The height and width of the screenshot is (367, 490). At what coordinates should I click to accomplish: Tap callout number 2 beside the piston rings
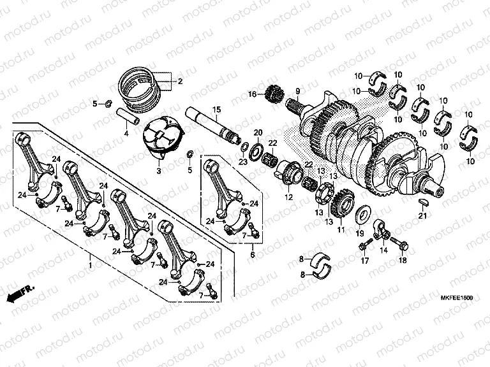180,82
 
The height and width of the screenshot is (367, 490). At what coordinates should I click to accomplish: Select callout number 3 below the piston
158,171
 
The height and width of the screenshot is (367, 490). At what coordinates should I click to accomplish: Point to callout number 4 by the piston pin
126,133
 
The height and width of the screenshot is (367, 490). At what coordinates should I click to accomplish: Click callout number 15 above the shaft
216,110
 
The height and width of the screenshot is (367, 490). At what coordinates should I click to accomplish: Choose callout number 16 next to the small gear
252,94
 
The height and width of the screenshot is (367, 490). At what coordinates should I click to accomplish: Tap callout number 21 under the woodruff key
421,215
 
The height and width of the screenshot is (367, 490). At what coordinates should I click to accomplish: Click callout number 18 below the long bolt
402,261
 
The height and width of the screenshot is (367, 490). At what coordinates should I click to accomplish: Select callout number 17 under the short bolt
366,261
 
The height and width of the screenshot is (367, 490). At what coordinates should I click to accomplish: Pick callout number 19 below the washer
359,233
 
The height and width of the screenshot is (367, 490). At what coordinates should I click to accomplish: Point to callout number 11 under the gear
340,229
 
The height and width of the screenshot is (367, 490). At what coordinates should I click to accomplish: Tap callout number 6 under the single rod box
252,254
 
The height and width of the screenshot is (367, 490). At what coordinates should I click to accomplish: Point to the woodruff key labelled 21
421,201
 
